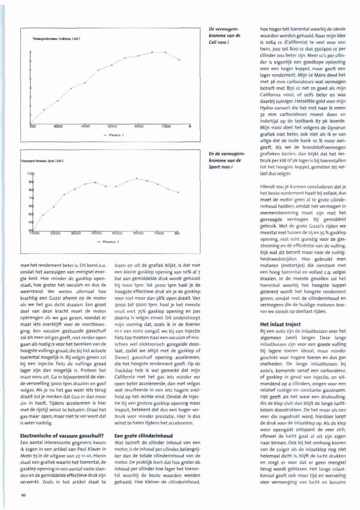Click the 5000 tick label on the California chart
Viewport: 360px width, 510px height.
pyautogui.click(x=112, y=126)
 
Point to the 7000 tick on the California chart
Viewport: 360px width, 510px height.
pyautogui.click(x=166, y=126)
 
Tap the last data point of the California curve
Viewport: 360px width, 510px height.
pyautogui.click(x=179, y=60)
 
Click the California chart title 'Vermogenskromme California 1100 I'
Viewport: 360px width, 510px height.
pyautogui.click(x=54, y=38)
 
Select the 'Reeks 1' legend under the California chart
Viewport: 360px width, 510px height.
pyautogui.click(x=114, y=135)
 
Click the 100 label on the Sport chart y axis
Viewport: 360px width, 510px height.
pyautogui.click(x=31, y=174)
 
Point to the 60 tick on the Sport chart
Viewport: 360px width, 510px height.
pyautogui.click(x=31, y=206)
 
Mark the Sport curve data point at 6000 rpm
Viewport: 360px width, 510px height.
pyautogui.click(x=137, y=178)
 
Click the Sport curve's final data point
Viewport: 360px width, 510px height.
pyautogui.click(x=179, y=192)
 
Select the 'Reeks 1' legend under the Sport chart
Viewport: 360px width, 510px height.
pyautogui.click(x=109, y=242)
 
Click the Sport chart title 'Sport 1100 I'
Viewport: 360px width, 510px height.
pyautogui.click(x=43, y=160)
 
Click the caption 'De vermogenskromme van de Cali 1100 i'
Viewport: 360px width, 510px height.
pyautogui.click(x=225, y=35)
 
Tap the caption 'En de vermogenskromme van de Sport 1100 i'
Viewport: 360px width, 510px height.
pyautogui.click(x=225, y=160)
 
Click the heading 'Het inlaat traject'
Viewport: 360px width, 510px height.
pyautogui.click(x=280, y=324)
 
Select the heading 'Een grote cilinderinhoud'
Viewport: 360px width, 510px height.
pyautogui.click(x=143, y=436)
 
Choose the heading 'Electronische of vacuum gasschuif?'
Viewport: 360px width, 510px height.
pyautogui.click(x=62, y=436)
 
